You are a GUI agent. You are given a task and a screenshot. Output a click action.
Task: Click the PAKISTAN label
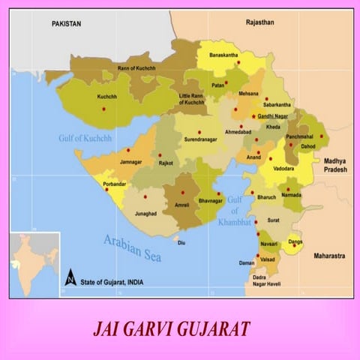tap(66, 25)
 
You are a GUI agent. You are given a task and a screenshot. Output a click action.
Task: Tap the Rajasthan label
tap(260, 23)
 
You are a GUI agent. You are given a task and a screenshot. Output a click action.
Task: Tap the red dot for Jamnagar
tap(128, 150)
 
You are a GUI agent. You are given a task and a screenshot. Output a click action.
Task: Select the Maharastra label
tap(329, 256)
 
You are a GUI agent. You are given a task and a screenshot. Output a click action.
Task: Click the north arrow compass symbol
tap(70, 277)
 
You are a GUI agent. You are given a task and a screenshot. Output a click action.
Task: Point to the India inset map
tap(34, 265)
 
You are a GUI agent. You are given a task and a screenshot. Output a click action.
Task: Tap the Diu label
tap(181, 243)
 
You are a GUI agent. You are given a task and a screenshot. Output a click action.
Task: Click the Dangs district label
tap(295, 241)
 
